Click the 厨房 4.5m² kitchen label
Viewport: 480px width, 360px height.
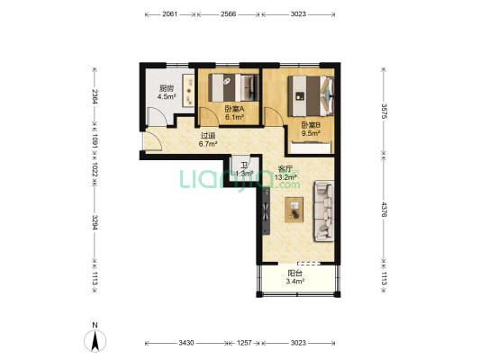tap(167, 93)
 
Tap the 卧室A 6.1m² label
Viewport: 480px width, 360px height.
tap(234, 112)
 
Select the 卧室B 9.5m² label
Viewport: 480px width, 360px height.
tap(311, 129)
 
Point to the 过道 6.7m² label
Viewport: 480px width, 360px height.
tap(208, 139)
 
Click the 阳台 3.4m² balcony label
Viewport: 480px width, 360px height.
tap(294, 277)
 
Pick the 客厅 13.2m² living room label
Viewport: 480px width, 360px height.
tap(285, 173)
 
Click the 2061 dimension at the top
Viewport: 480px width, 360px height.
tap(169, 14)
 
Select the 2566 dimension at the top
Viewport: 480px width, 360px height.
tap(229, 14)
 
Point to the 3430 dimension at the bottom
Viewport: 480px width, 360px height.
tap(186, 343)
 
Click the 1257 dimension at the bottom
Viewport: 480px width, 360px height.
tap(244, 343)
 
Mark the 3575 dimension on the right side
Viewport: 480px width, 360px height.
tap(384, 111)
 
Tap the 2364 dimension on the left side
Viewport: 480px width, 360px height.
tap(95, 96)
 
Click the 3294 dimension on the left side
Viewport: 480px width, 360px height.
tap(95, 222)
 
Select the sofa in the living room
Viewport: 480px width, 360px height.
tap(323, 211)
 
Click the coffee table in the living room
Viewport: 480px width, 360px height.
tap(294, 210)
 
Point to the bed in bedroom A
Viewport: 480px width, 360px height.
tap(234, 87)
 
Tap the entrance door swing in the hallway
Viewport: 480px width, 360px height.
tap(152, 140)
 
